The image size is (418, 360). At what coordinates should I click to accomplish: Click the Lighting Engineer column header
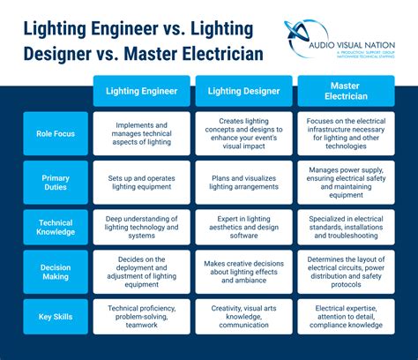click(141, 90)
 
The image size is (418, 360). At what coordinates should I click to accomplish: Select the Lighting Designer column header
click(243, 90)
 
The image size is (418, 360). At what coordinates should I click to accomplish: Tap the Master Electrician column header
click(345, 90)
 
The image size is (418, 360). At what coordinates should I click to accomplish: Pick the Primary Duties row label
click(56, 183)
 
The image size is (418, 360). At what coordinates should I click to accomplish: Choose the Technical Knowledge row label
click(56, 227)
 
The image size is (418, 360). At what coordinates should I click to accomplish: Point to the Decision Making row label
click(56, 272)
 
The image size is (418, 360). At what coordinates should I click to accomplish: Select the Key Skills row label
click(56, 316)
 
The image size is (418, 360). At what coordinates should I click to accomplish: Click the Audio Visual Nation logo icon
click(305, 41)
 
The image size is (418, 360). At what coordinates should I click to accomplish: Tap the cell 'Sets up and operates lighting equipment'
click(141, 183)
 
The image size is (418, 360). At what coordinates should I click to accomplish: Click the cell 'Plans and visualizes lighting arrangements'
click(243, 183)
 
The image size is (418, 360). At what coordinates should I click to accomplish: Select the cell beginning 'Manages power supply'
click(345, 183)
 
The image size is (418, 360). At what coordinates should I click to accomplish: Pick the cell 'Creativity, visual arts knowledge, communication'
click(243, 316)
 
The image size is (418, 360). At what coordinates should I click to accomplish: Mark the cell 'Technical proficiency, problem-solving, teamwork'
click(141, 316)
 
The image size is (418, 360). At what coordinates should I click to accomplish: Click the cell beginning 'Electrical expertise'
click(345, 316)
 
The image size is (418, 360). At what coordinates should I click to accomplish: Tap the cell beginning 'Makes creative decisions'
click(243, 272)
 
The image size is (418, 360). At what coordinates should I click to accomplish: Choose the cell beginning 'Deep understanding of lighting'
click(141, 227)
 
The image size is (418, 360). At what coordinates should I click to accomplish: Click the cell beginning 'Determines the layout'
click(345, 272)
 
